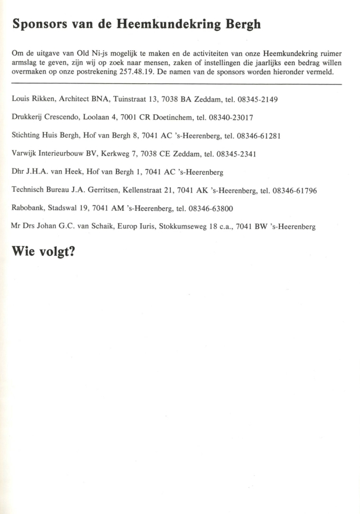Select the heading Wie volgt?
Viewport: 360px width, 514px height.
44,252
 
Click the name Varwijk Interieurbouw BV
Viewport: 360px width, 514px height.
55,154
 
